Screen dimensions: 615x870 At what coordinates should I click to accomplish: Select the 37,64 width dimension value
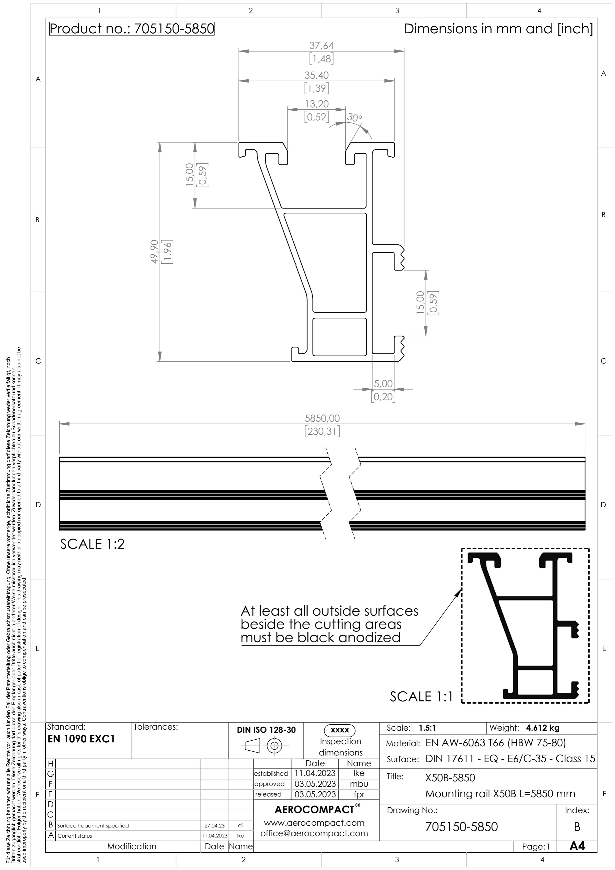tap(321, 46)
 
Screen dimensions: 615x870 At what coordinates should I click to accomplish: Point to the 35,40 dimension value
tap(316, 75)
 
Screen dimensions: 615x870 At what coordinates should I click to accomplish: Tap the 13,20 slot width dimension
tap(316, 104)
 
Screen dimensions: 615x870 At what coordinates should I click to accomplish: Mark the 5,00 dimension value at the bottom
tap(383, 384)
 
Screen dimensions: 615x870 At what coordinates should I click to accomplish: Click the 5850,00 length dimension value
tap(322, 418)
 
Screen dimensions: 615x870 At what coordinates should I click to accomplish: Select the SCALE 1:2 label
tap(92, 544)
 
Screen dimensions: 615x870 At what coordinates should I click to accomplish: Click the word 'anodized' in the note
tap(370, 637)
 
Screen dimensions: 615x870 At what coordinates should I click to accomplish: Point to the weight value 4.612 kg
tap(543, 728)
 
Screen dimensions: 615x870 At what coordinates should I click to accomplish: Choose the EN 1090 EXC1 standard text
tap(81, 739)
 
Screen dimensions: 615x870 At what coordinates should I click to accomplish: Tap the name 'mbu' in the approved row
tap(358, 784)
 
